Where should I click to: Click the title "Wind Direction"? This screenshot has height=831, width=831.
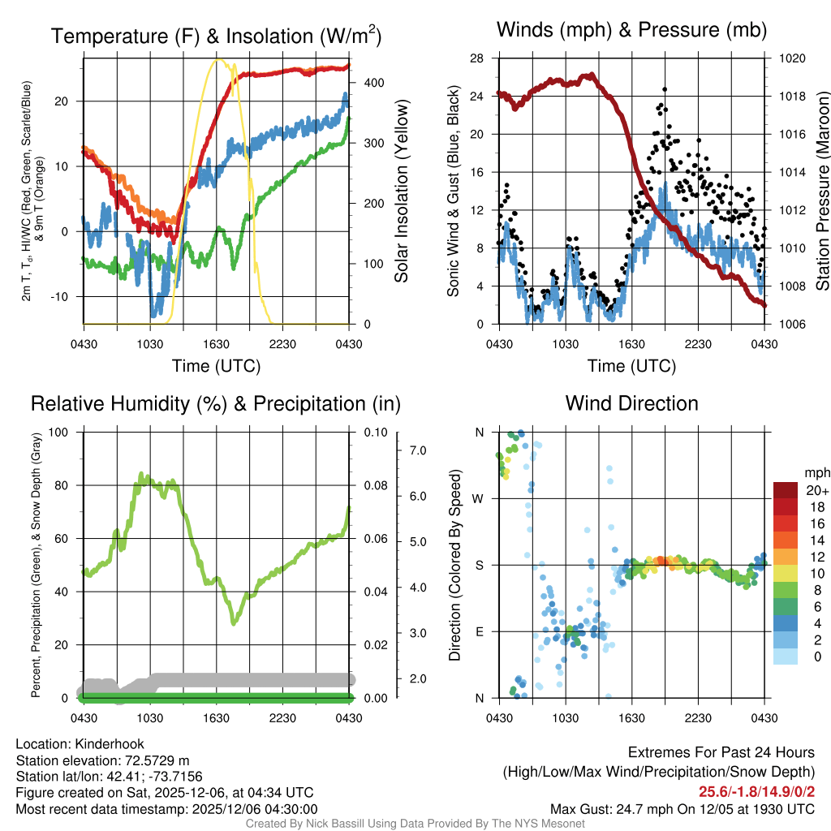click(x=631, y=403)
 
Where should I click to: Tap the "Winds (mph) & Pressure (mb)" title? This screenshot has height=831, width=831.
click(x=631, y=31)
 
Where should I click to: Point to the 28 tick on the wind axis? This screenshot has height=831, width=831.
click(x=476, y=58)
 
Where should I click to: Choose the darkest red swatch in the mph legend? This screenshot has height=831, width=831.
click(x=786, y=490)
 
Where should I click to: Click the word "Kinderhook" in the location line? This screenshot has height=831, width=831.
click(x=109, y=744)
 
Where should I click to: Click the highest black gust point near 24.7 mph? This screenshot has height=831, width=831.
click(x=665, y=89)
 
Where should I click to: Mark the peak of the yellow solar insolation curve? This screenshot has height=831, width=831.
click(x=217, y=59)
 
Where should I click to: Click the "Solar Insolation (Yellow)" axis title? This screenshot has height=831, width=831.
click(x=401, y=192)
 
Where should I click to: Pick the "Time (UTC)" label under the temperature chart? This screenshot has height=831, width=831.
click(x=216, y=366)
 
